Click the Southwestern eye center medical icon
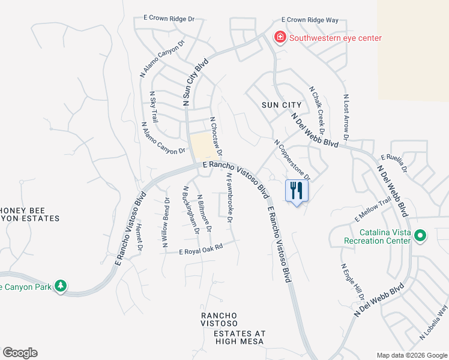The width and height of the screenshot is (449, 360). pos(280,38)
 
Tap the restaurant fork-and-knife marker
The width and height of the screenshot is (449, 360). pos(297,191)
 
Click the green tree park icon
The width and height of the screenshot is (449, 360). pos(60,286)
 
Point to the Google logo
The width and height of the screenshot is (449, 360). pos(20,353)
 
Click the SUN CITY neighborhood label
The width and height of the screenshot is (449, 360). pos(282,105)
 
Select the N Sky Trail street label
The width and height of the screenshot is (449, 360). pos(154,107)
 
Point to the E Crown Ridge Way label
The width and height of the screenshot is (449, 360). pos(312,20)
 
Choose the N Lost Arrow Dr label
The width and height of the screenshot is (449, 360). pos(346,120)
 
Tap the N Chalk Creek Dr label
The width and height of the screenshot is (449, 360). pos(317,110)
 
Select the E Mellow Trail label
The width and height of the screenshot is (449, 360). pos(373,208)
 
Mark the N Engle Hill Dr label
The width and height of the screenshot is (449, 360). pos(353,282)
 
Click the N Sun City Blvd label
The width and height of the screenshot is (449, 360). pos(196,83)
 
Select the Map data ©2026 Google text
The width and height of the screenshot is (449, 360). pos(411,355)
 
